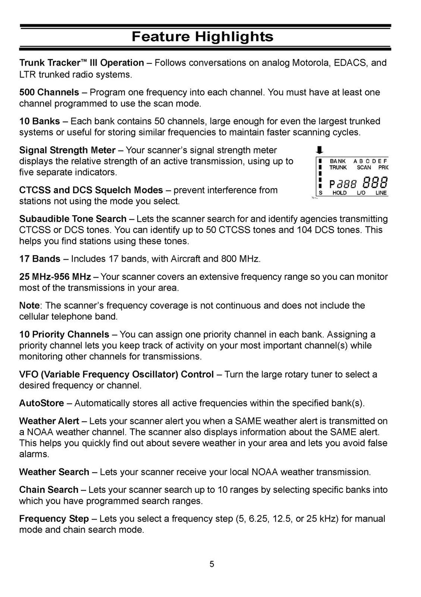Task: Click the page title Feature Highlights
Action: tap(202, 37)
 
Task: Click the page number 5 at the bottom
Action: tap(212, 564)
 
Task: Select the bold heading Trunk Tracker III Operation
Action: tap(81, 63)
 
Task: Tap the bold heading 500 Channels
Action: tap(49, 92)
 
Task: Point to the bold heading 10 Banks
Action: tap(39, 121)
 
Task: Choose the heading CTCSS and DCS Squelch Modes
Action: tap(91, 190)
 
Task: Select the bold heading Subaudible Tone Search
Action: tap(73, 219)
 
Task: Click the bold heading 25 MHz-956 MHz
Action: tap(55, 277)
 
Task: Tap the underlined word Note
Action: tap(29, 306)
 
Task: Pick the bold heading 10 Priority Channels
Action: tap(64, 335)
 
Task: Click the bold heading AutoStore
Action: tap(42, 403)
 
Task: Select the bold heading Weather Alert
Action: tap(49, 421)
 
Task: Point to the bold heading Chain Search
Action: tap(49, 490)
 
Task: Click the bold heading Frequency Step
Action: tap(54, 519)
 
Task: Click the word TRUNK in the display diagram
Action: tap(338, 168)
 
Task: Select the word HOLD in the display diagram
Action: tap(339, 193)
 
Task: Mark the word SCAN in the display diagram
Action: tap(364, 168)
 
